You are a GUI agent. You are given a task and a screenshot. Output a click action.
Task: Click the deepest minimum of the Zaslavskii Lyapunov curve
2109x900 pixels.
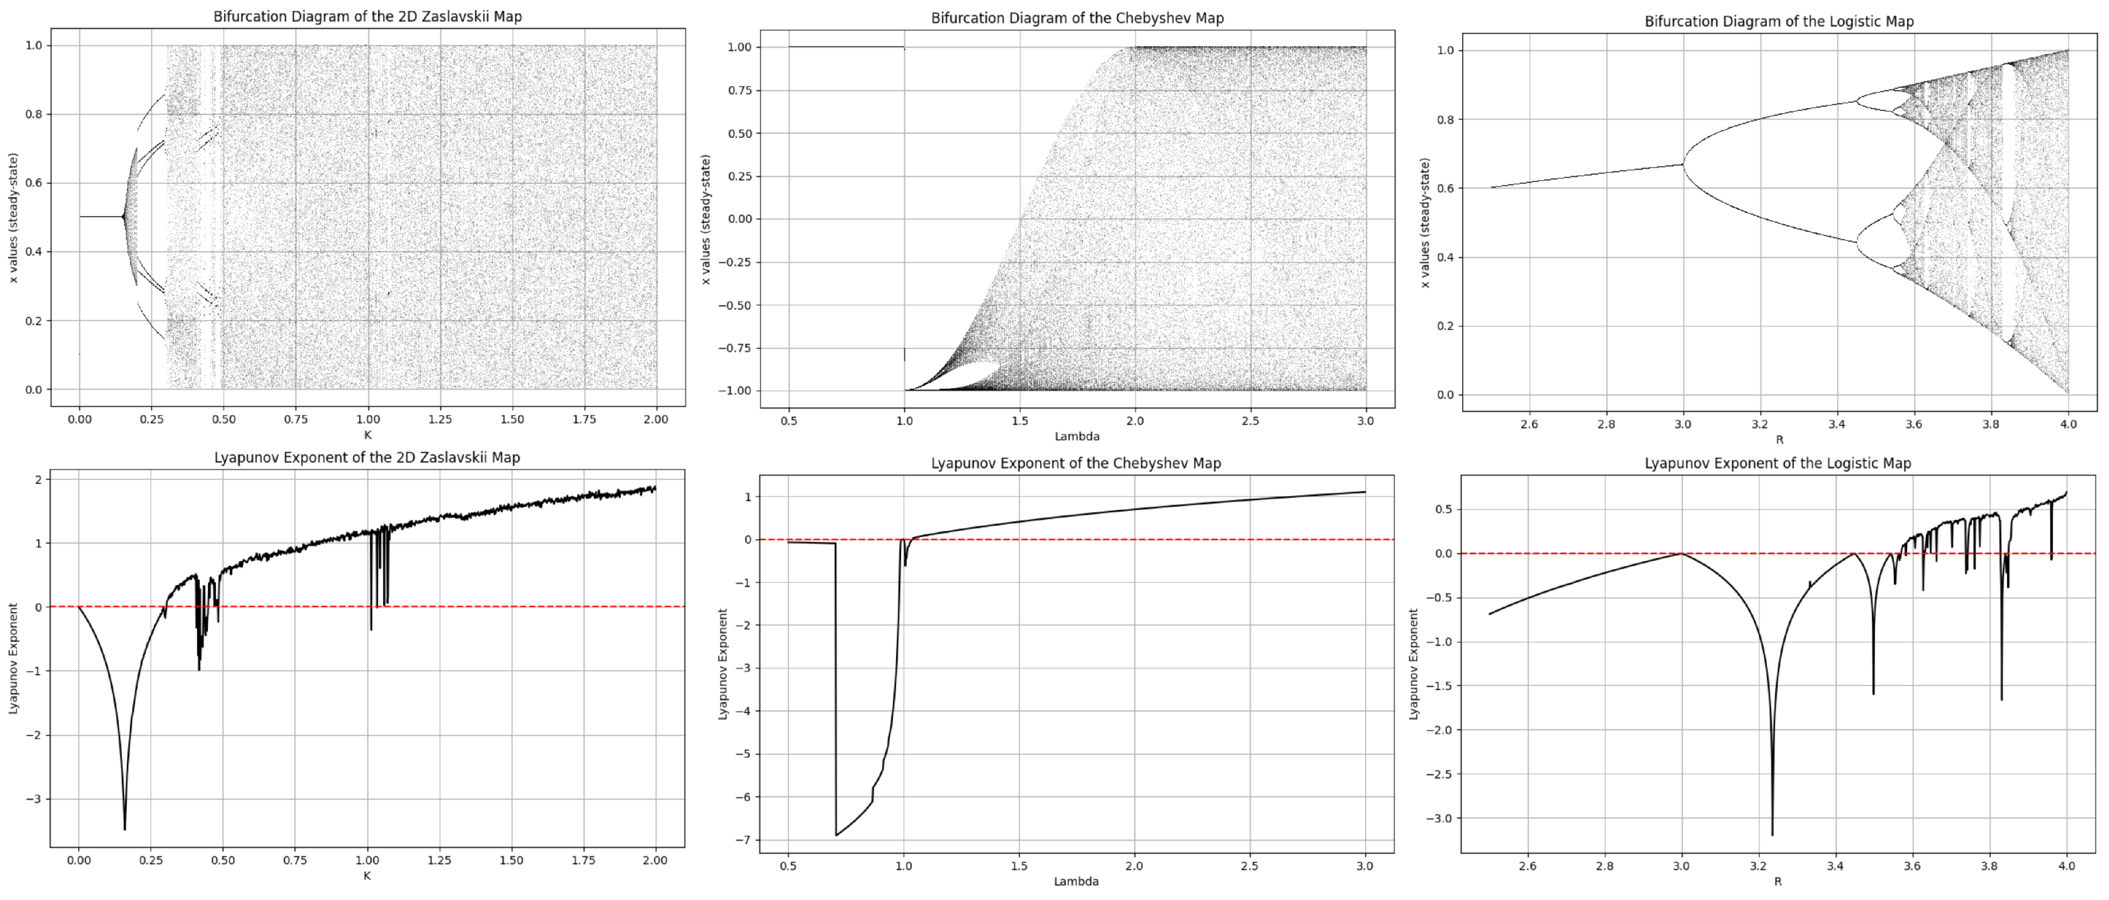pos(125,829)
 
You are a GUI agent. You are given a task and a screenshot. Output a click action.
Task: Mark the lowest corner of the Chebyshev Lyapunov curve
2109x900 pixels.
pos(836,834)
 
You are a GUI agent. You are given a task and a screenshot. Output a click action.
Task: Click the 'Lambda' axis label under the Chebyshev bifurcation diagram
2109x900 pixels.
pos(1076,436)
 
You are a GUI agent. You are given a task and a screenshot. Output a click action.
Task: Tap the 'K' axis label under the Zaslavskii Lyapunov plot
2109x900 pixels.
pos(367,875)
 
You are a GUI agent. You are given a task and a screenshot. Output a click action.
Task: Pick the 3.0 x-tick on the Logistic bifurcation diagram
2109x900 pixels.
pos(1682,424)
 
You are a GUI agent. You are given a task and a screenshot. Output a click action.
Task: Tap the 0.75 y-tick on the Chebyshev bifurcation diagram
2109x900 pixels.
pos(740,91)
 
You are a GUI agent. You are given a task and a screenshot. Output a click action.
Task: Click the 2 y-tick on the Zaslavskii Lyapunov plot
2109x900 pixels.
pos(38,479)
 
